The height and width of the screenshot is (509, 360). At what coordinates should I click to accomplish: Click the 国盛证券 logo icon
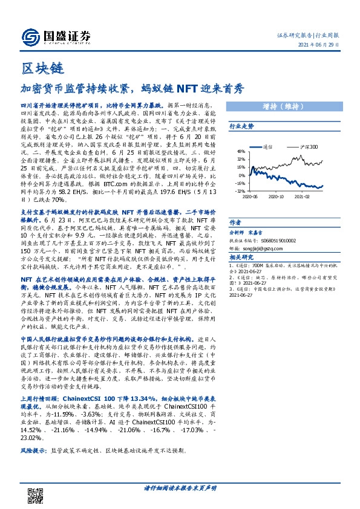click(x=30, y=35)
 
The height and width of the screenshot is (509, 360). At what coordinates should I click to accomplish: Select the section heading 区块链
click(x=38, y=65)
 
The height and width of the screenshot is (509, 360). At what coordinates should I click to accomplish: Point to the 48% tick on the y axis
click(x=240, y=152)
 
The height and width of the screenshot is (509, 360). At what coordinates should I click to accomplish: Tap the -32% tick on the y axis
click(x=240, y=190)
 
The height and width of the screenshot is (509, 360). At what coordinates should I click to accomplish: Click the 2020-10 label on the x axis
click(x=275, y=197)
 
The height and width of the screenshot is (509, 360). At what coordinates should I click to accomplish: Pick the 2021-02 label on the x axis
click(x=302, y=197)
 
